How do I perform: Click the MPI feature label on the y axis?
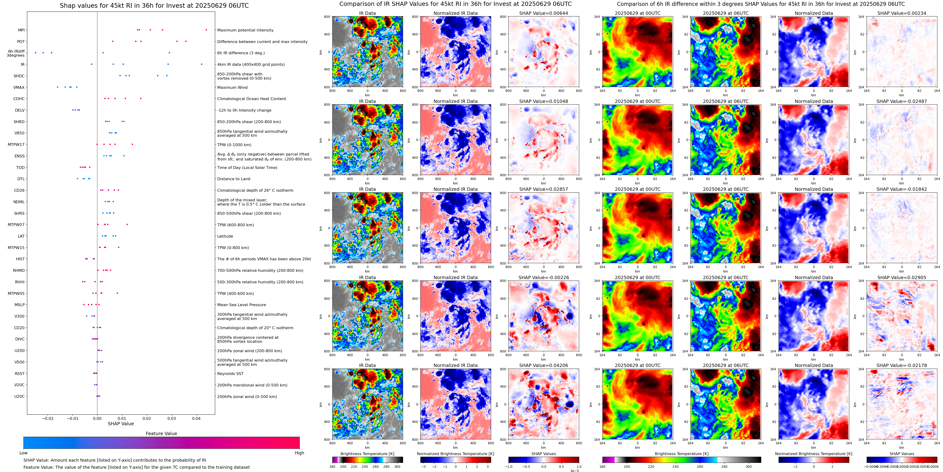point(21,30)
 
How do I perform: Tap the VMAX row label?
point(19,87)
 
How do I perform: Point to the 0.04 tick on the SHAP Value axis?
point(196,418)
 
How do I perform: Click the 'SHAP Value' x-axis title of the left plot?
point(120,424)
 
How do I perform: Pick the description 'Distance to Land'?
point(233,179)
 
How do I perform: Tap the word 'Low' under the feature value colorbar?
point(23,453)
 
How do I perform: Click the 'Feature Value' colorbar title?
point(161,433)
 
